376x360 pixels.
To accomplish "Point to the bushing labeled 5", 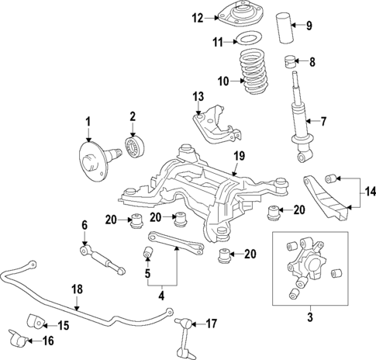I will pyautogui.click(x=144, y=254).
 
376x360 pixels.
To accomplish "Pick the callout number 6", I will pyautogui.click(x=85, y=226).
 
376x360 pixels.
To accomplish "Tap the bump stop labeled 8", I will pyautogui.click(x=293, y=61).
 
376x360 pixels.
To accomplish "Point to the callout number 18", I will pyautogui.click(x=76, y=289).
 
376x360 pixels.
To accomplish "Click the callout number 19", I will pyautogui.click(x=239, y=156).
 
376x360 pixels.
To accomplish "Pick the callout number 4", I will pyautogui.click(x=160, y=295).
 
